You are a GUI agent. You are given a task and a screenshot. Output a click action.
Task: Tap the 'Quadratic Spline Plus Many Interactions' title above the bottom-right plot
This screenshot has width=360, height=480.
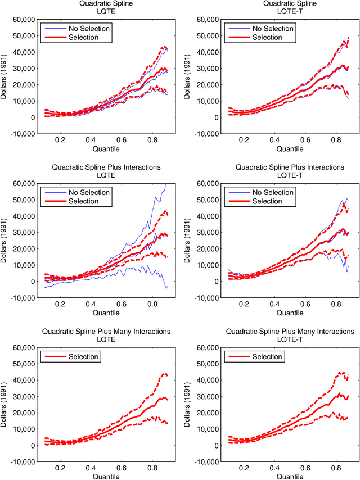click(289, 332)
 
